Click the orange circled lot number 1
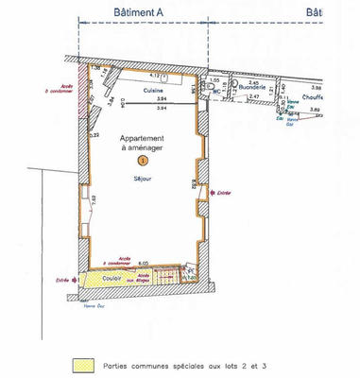pos(143,163)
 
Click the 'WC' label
pos(216,93)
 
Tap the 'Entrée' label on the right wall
pos(224,192)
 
